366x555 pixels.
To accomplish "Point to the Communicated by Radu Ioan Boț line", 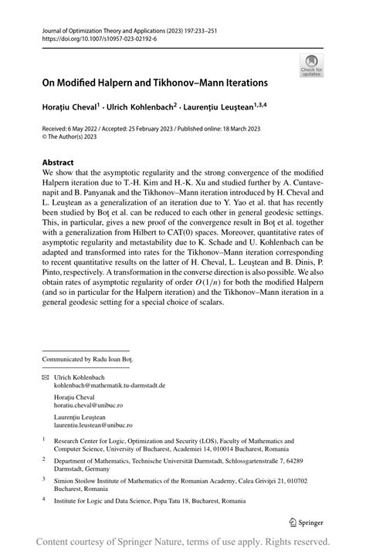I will click(88, 359).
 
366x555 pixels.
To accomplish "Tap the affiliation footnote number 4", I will click(43, 499).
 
